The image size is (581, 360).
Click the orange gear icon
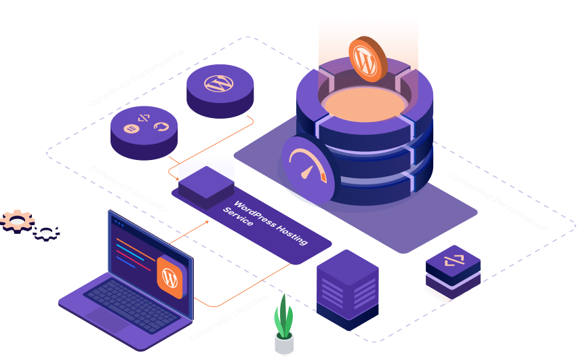[18, 220]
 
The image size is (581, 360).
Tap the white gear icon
[47, 232]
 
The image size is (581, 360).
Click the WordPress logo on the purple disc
[219, 84]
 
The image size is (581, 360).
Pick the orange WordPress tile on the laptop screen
[170, 278]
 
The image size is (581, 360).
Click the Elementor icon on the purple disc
[129, 128]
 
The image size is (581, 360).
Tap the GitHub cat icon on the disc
[161, 126]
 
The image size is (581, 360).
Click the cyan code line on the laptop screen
[132, 257]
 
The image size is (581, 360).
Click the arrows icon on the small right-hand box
[453, 261]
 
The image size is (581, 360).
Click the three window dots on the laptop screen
[119, 222]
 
